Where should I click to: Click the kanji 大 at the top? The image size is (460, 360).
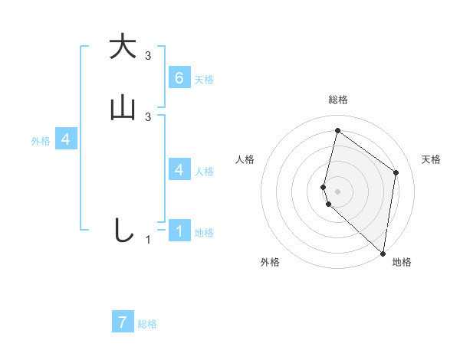click(123, 47)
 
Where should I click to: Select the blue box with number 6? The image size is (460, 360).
click(179, 77)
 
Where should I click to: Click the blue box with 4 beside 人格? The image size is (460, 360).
click(179, 169)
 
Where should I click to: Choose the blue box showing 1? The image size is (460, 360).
click(179, 231)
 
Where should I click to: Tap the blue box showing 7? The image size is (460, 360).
click(123, 322)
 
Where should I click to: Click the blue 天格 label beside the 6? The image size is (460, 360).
click(204, 79)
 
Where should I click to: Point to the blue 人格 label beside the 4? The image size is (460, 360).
click(204, 172)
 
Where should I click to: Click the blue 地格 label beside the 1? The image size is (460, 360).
click(204, 233)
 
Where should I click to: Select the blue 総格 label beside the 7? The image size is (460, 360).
click(147, 325)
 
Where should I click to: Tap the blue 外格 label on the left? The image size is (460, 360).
click(41, 141)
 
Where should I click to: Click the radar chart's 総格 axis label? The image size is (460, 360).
click(338, 100)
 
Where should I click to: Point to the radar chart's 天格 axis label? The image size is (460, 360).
click(432, 159)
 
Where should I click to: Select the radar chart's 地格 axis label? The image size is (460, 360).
click(402, 262)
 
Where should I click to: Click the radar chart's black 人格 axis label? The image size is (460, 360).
click(245, 159)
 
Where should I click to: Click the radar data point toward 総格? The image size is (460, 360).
click(337, 130)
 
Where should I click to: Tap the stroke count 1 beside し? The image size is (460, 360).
click(148, 240)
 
